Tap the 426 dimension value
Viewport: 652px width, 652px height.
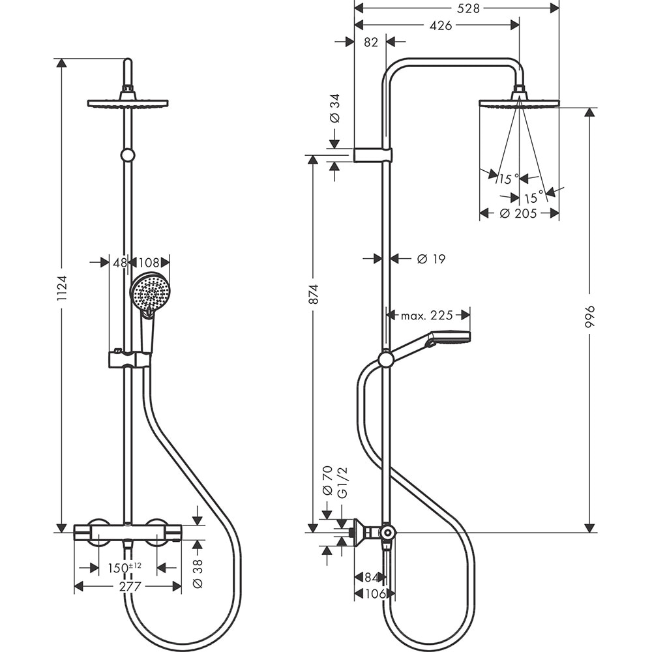[441, 25]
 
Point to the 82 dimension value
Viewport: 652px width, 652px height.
[371, 42]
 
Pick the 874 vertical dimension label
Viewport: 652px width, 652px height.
[313, 295]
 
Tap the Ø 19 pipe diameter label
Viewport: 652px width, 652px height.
[431, 259]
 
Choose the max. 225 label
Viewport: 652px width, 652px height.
[427, 316]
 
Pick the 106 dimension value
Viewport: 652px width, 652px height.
[374, 594]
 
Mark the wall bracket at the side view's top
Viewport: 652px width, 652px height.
[373, 155]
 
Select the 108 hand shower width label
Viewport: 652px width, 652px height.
[149, 262]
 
